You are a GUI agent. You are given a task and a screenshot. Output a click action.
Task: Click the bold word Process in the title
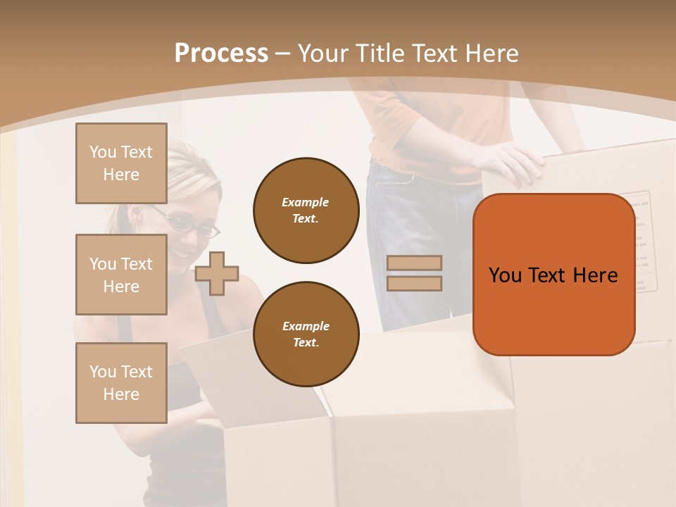tap(221, 54)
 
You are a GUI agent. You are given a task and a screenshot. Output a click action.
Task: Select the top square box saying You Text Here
tap(121, 163)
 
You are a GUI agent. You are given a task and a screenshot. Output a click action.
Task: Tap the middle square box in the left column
tap(121, 275)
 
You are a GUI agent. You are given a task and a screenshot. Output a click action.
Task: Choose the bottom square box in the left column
tap(121, 383)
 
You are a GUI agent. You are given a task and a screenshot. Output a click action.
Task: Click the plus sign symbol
tap(217, 273)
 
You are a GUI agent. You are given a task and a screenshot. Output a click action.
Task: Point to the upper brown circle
tap(306, 211)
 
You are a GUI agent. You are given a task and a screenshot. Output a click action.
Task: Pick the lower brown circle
tap(306, 334)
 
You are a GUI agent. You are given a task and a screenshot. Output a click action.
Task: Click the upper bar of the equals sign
tap(414, 263)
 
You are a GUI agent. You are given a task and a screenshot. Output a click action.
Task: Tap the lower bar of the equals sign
tap(414, 283)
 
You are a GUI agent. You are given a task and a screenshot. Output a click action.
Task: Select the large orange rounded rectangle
tap(553, 275)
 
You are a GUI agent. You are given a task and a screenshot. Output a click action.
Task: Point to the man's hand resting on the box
tap(511, 161)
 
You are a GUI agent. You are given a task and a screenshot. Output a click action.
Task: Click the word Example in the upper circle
tap(306, 202)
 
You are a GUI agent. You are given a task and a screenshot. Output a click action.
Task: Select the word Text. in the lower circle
tap(306, 342)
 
